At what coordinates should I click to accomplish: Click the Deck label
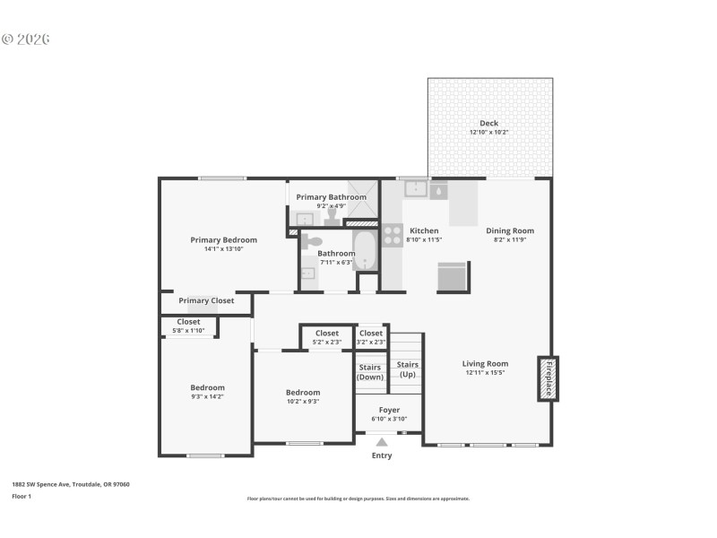click(488, 123)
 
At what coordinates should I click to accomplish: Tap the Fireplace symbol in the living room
click(548, 377)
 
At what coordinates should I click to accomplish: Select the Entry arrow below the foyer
click(382, 442)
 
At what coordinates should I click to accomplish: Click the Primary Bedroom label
click(223, 239)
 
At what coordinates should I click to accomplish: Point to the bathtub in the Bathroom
click(366, 250)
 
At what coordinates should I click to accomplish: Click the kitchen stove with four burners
click(393, 235)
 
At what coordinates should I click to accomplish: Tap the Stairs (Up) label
click(408, 369)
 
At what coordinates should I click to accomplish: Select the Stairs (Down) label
click(370, 372)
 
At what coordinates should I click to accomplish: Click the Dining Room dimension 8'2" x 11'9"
click(510, 240)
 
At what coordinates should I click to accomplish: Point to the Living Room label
click(485, 363)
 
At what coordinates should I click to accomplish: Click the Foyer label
click(389, 410)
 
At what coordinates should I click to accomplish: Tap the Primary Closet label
click(206, 300)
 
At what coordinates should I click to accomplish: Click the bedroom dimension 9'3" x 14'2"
click(207, 396)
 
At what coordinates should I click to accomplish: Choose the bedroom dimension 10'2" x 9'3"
click(303, 402)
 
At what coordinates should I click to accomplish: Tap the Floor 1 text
click(22, 496)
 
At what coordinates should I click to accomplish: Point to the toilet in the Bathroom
click(311, 242)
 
